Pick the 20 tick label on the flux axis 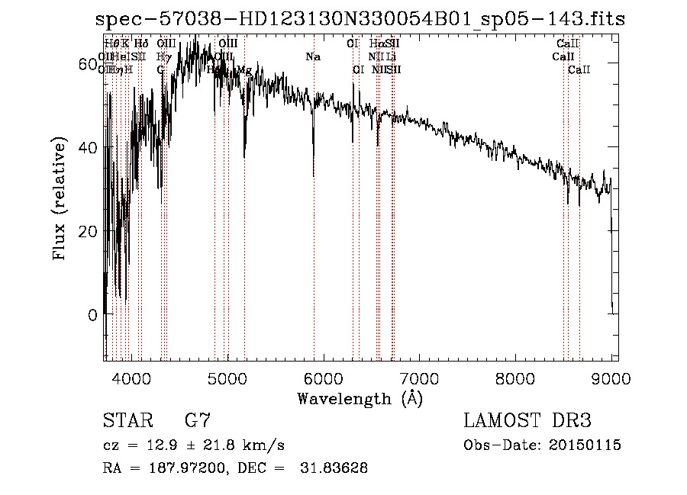pos(89,231)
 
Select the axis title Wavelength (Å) pos(360,398)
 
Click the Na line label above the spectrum pos(312,56)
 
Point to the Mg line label pos(244,70)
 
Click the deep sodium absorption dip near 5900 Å pos(314,172)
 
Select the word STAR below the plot pos(127,420)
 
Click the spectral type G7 pos(198,420)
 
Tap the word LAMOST pos(501,420)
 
